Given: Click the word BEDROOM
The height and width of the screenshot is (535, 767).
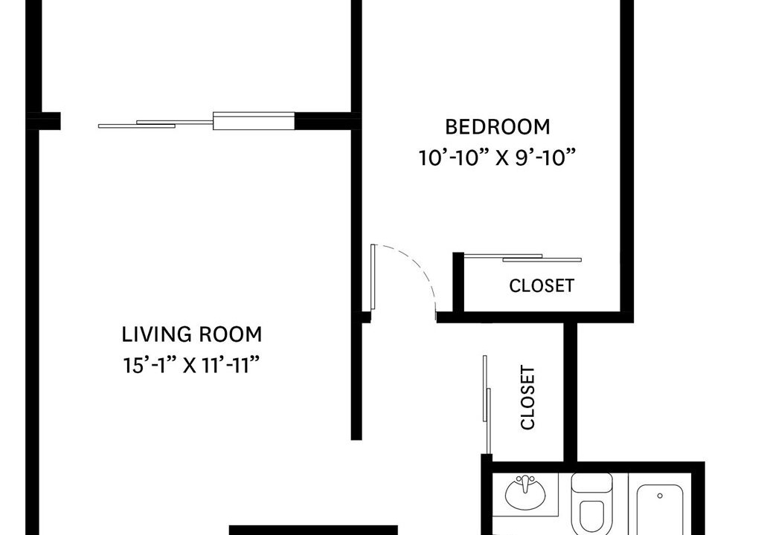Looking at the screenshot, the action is coord(498,127).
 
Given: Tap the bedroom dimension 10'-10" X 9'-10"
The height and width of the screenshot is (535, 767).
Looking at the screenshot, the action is coord(496,158).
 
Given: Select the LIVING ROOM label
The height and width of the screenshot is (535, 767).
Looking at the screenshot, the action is coord(192,334).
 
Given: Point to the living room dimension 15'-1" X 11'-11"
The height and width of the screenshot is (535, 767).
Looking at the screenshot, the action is coord(190,365).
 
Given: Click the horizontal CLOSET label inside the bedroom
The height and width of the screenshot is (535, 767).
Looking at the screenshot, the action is coord(542,286).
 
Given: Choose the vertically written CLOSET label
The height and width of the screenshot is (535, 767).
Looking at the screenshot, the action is coord(527,398).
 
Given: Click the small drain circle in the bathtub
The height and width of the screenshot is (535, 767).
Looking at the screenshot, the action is coord(660,496).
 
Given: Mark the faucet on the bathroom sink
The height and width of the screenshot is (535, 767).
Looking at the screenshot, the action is coord(525,483).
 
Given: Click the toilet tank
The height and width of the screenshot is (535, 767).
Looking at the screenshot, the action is coord(592,483).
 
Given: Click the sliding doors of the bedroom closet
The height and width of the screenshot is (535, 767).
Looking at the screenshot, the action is coord(523,258).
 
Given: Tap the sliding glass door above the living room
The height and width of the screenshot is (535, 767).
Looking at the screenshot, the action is coord(196,120).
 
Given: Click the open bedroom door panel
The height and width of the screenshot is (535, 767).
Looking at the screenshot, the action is coord(373,276).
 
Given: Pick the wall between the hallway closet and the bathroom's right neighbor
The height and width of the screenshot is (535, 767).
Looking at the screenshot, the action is coord(571,392).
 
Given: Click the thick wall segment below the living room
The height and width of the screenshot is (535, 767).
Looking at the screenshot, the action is coord(313,530).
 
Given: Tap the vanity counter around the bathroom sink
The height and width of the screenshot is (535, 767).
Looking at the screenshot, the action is coord(525,494).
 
